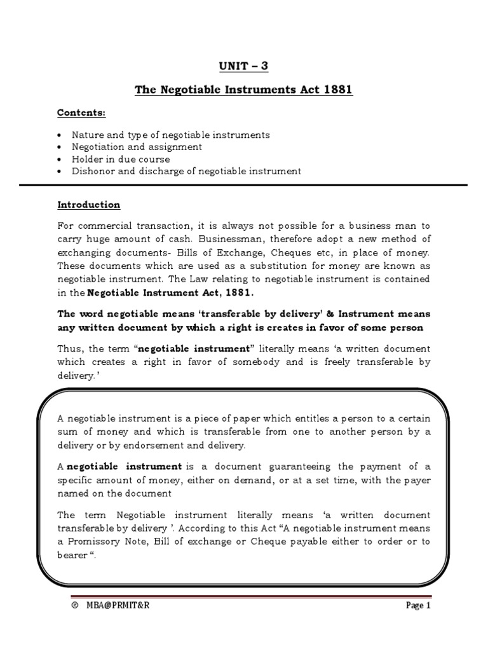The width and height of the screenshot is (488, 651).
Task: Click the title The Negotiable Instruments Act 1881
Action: click(243, 90)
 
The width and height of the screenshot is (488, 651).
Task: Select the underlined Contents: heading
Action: click(81, 113)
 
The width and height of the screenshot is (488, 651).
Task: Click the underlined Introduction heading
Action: click(88, 205)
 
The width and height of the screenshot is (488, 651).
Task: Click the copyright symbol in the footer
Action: click(75, 606)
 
